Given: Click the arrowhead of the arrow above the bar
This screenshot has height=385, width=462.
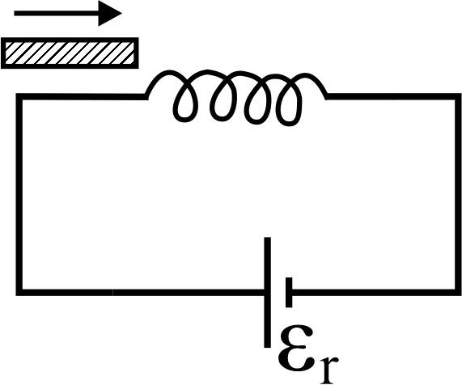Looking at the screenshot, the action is [109, 13].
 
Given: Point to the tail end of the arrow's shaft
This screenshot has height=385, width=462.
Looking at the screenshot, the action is [15, 13].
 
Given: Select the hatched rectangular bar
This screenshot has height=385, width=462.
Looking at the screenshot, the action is [70, 53].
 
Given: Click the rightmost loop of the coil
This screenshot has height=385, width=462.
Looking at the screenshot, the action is [290, 102].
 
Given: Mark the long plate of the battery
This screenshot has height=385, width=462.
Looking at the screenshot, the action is [267, 292].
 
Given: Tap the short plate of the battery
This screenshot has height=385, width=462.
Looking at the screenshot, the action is [289, 292].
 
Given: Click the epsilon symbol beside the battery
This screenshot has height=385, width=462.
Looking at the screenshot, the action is [295, 348].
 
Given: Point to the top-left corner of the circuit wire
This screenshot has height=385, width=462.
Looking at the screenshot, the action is [19, 96].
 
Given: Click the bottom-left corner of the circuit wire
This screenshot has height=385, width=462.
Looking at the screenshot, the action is [19, 292].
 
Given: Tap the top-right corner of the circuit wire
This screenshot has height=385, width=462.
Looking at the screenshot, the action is [458, 96].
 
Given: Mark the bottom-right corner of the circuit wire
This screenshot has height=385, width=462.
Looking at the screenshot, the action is [458, 292].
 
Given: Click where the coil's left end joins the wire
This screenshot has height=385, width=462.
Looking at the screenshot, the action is [146, 96].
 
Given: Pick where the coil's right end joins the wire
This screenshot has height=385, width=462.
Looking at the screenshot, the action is [327, 96].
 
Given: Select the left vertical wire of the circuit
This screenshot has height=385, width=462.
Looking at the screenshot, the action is [19, 194].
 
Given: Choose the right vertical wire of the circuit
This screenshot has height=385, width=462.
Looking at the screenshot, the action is [458, 194].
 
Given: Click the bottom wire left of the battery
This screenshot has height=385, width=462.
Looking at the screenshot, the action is [142, 292].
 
